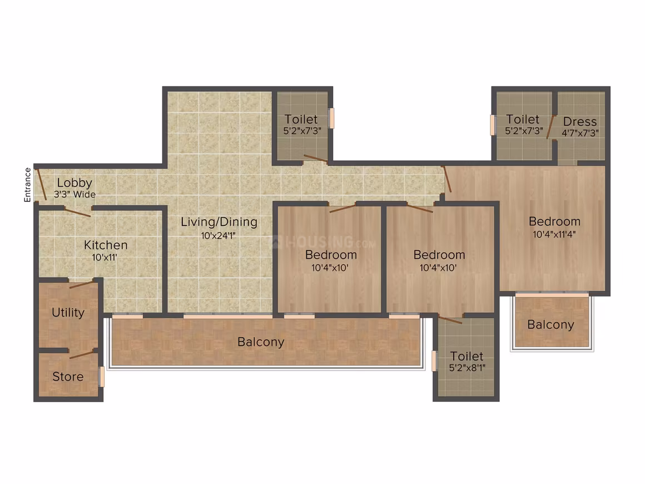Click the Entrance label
pos(28,185)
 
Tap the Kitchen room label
pos(106,245)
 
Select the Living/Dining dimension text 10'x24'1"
pos(218,236)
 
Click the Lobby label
pos(75,182)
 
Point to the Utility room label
pos(68,313)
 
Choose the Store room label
pos(68,377)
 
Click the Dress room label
pos(580,122)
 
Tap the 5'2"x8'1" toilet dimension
pos(467,368)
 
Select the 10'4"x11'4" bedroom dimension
pos(554,235)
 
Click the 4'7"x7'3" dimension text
pos(580,133)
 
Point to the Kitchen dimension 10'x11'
pos(105,258)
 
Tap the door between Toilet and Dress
pos(551,127)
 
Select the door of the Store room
pos(81,354)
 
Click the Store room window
pos(102,377)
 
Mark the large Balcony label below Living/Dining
pos(261,342)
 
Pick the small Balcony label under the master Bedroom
pos(550,325)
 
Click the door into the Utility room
pos(81,284)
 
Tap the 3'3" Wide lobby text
pos(75,194)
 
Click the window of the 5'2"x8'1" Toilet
pos(434,361)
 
